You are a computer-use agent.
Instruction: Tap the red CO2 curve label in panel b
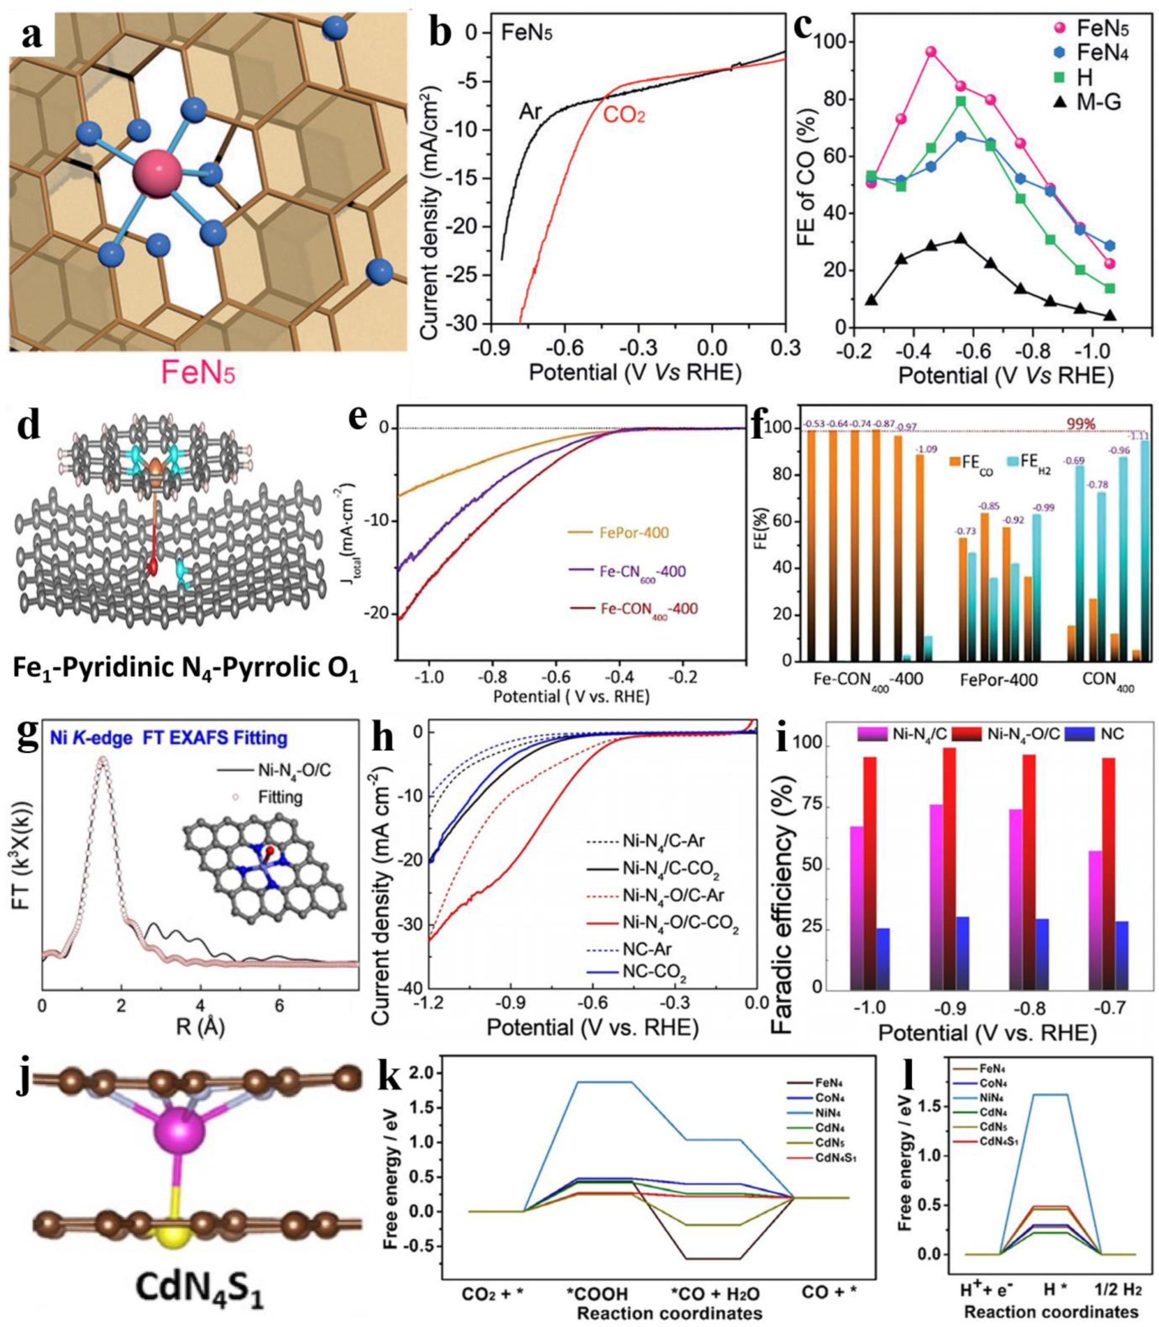tap(624, 117)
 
